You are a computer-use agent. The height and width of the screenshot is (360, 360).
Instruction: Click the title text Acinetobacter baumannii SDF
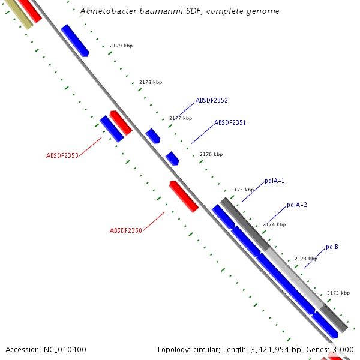point(179,11)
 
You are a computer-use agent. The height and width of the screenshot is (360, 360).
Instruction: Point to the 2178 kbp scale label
point(150,82)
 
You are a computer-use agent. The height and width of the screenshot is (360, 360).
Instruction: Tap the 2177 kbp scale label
point(180,118)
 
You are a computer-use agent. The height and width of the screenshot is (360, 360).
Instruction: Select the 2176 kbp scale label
point(211,154)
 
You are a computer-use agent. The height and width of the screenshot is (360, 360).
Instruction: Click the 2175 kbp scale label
point(242,190)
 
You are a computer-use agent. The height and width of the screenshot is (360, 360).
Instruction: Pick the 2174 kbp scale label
point(274,224)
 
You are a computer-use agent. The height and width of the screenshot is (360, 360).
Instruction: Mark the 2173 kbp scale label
point(305,259)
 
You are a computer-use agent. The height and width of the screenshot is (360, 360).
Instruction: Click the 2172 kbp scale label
point(338,293)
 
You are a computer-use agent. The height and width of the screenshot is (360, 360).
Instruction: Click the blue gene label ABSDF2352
point(211,100)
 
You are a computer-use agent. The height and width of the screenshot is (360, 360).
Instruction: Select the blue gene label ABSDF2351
point(230,122)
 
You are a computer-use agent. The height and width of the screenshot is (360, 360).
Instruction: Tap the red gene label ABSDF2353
point(62,155)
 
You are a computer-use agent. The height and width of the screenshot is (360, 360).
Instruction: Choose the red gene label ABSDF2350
point(125,230)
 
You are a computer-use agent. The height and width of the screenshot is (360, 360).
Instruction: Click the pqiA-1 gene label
point(274,181)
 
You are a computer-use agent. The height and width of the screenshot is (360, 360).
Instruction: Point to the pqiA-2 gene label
point(296,205)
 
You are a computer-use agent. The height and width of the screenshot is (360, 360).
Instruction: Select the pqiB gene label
point(332,247)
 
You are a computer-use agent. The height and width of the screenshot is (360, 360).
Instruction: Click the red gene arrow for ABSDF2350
point(184,196)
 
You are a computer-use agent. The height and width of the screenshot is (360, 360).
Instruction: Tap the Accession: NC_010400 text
point(46,349)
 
